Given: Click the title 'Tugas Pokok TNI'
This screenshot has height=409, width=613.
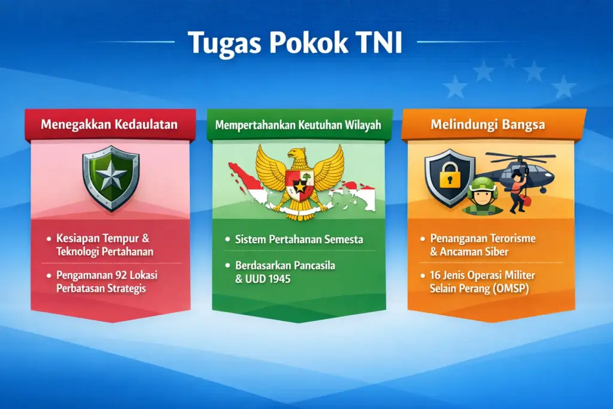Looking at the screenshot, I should pos(295,43).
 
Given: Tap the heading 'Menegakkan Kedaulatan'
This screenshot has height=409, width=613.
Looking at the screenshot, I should pos(110,125).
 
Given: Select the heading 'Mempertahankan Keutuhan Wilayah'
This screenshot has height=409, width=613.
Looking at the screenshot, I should pos(299,126).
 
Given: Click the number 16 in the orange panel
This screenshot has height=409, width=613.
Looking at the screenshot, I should pos(436,275).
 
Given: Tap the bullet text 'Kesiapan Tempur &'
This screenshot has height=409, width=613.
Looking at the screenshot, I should pos(104,238).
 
